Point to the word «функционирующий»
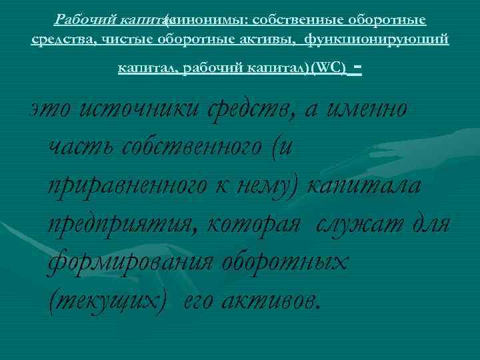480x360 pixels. tap(377, 40)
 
